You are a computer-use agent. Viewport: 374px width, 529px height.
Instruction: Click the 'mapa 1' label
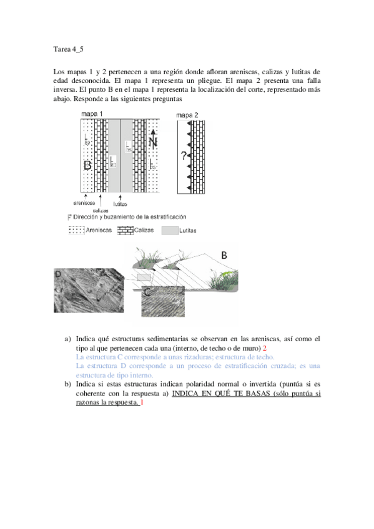tap(92, 114)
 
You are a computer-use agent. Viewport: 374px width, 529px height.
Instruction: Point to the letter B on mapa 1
tap(87, 165)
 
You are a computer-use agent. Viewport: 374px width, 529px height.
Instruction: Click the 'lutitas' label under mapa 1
tap(121, 203)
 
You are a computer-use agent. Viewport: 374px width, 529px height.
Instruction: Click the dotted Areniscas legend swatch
tap(76, 230)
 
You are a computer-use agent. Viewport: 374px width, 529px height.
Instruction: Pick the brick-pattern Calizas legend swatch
tap(126, 230)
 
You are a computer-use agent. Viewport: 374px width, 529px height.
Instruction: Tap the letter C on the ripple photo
tap(146, 291)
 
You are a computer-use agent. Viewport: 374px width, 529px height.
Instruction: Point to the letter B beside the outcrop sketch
tap(224, 255)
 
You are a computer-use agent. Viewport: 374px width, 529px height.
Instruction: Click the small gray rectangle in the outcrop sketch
tap(144, 275)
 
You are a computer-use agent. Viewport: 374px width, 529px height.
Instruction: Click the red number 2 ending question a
tap(265, 347)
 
